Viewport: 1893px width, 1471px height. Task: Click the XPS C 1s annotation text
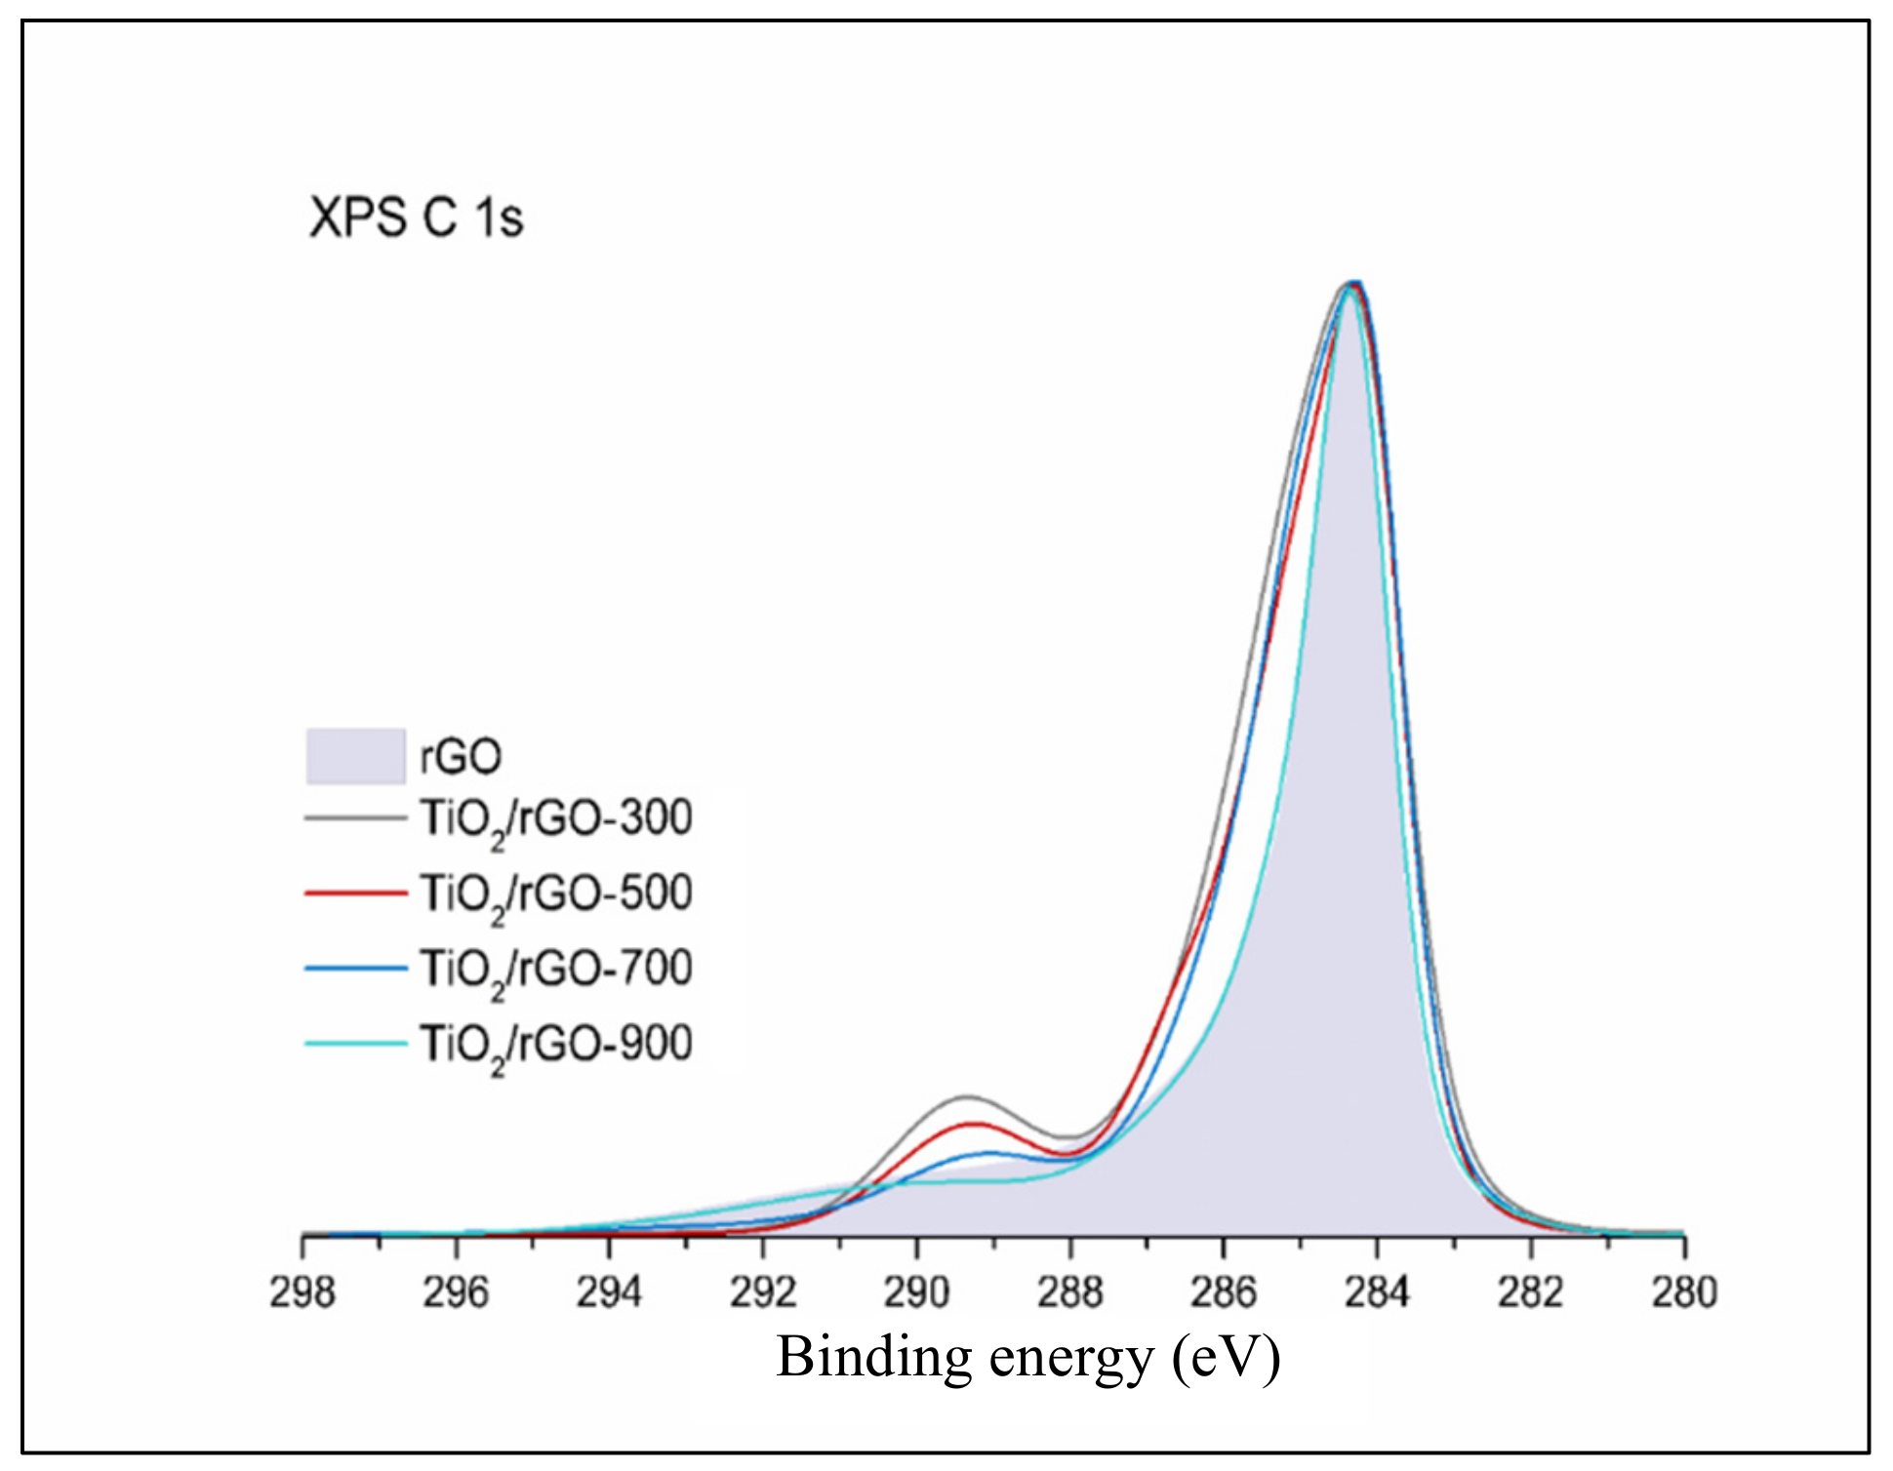tap(416, 218)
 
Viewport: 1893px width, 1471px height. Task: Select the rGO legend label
tap(461, 757)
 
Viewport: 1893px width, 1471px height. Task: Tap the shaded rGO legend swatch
tap(355, 756)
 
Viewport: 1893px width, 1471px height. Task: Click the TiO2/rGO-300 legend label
tap(556, 819)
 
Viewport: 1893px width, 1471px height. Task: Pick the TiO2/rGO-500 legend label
tap(556, 895)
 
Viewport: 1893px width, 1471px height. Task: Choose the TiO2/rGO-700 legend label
tap(556, 970)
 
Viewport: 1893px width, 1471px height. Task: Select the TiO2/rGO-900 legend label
tap(556, 1045)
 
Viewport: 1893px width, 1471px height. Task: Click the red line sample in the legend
tap(355, 893)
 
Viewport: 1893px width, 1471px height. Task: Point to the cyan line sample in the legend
tap(355, 1043)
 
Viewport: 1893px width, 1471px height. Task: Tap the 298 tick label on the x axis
tap(302, 1293)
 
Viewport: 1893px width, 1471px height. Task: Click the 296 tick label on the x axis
tap(456, 1293)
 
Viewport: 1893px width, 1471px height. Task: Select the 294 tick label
tap(609, 1293)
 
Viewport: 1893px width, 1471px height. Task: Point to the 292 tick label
tap(763, 1293)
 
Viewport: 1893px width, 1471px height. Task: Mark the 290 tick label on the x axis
tap(916, 1293)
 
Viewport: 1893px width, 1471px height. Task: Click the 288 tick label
tap(1070, 1293)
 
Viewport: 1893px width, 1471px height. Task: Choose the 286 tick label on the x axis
tap(1224, 1293)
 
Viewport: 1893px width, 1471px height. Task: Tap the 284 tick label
tap(1377, 1293)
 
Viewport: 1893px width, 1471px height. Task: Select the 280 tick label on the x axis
tap(1684, 1293)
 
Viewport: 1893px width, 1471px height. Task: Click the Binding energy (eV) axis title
tap(1028, 1358)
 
